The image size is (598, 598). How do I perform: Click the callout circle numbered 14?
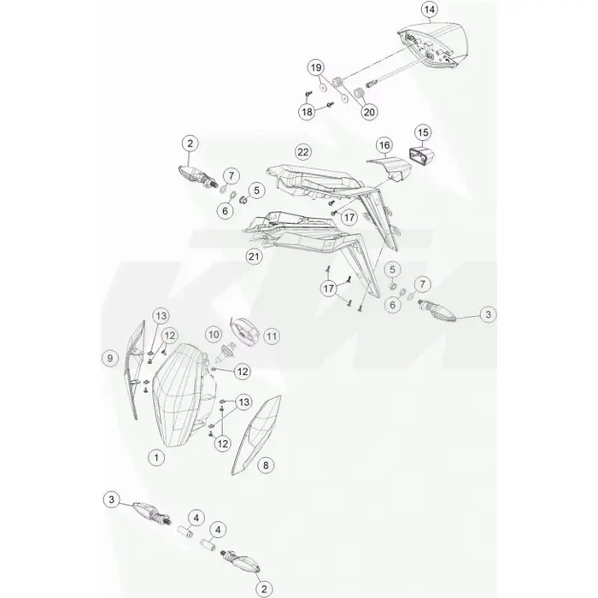pos(430,9)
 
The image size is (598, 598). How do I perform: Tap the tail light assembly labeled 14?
pos(433,45)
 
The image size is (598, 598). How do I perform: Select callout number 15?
pos(423,132)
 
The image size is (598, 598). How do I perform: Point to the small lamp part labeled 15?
pos(421,156)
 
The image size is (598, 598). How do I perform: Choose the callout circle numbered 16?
pos(384,145)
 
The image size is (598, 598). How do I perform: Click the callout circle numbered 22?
pos(302,152)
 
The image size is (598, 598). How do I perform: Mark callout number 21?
pos(254,256)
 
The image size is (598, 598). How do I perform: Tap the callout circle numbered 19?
pos(316,67)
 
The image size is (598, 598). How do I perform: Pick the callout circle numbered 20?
pos(369,112)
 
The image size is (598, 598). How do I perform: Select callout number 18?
pos(307,112)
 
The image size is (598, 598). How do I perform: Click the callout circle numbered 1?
pos(156,457)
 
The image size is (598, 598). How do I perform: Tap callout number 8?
pos(266,466)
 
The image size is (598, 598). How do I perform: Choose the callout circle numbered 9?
pos(110,359)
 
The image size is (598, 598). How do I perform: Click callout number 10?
pos(214,335)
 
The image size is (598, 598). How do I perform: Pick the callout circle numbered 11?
pos(272,337)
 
